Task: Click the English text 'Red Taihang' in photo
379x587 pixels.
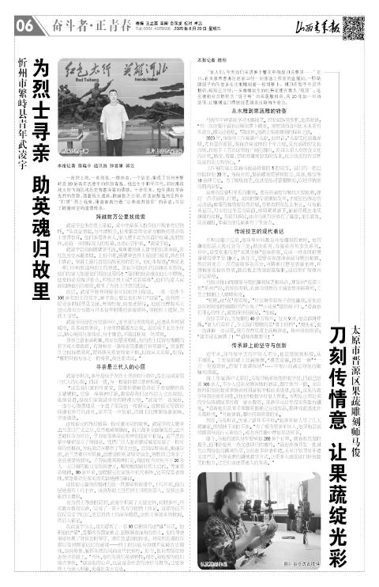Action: [x=95, y=79]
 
